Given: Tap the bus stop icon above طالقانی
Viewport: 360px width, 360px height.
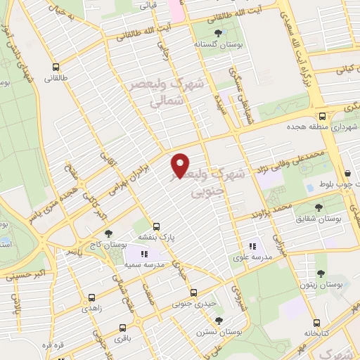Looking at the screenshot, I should pos(55,68).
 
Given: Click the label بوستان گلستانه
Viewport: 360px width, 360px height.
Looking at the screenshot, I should pos(215,44).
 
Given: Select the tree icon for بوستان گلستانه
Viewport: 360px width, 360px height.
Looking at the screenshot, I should pos(217,32).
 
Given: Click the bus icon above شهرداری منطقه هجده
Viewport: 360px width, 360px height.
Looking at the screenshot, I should pos(322,117).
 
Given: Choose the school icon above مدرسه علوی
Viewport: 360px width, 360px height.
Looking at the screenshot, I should pos(252,246).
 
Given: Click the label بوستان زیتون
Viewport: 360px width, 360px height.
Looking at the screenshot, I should pos(320,285).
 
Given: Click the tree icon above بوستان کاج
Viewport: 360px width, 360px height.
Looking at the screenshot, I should pos(107,233).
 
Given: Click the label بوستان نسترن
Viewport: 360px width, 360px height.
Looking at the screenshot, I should pos(219,330).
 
